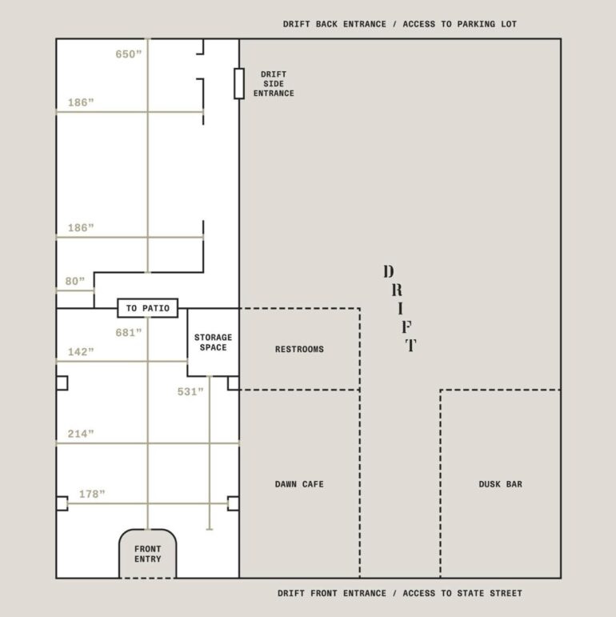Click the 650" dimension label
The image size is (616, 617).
pyautogui.click(x=128, y=54)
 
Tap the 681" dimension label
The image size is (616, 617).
pyautogui.click(x=128, y=332)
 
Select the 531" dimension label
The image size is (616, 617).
pyautogui.click(x=190, y=391)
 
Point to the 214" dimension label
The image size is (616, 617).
pyautogui.click(x=81, y=434)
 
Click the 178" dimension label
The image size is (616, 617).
pyautogui.click(x=92, y=494)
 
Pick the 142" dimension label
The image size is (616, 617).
pyautogui.click(x=81, y=352)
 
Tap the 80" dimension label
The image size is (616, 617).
pyautogui.click(x=74, y=282)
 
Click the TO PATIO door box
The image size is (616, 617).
pyautogui.click(x=148, y=308)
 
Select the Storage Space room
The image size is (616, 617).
pyautogui.click(x=214, y=343)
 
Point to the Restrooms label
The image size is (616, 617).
pyautogui.click(x=299, y=349)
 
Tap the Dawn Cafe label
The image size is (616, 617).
pyautogui.click(x=299, y=484)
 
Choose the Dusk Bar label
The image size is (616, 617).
pyautogui.click(x=500, y=484)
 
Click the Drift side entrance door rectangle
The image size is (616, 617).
pyautogui.click(x=239, y=83)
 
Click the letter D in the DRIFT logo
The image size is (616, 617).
pyautogui.click(x=389, y=271)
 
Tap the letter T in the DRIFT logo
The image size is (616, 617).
pyautogui.click(x=411, y=345)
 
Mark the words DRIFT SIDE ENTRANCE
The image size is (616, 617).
pyautogui.click(x=274, y=84)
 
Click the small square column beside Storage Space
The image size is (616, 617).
pyautogui.click(x=234, y=383)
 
